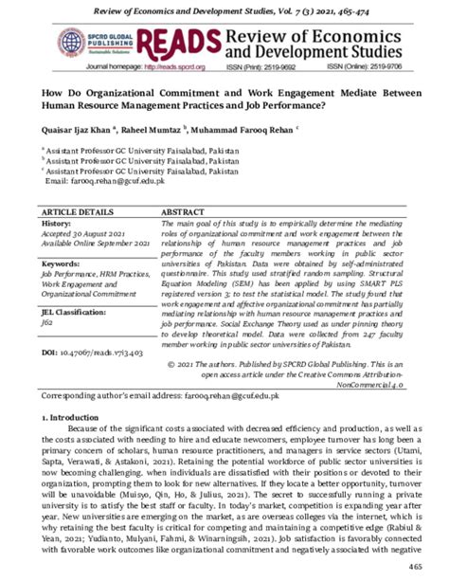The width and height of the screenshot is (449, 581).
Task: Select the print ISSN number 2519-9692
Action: (280, 68)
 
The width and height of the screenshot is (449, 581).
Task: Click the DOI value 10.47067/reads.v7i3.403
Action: (103, 353)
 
